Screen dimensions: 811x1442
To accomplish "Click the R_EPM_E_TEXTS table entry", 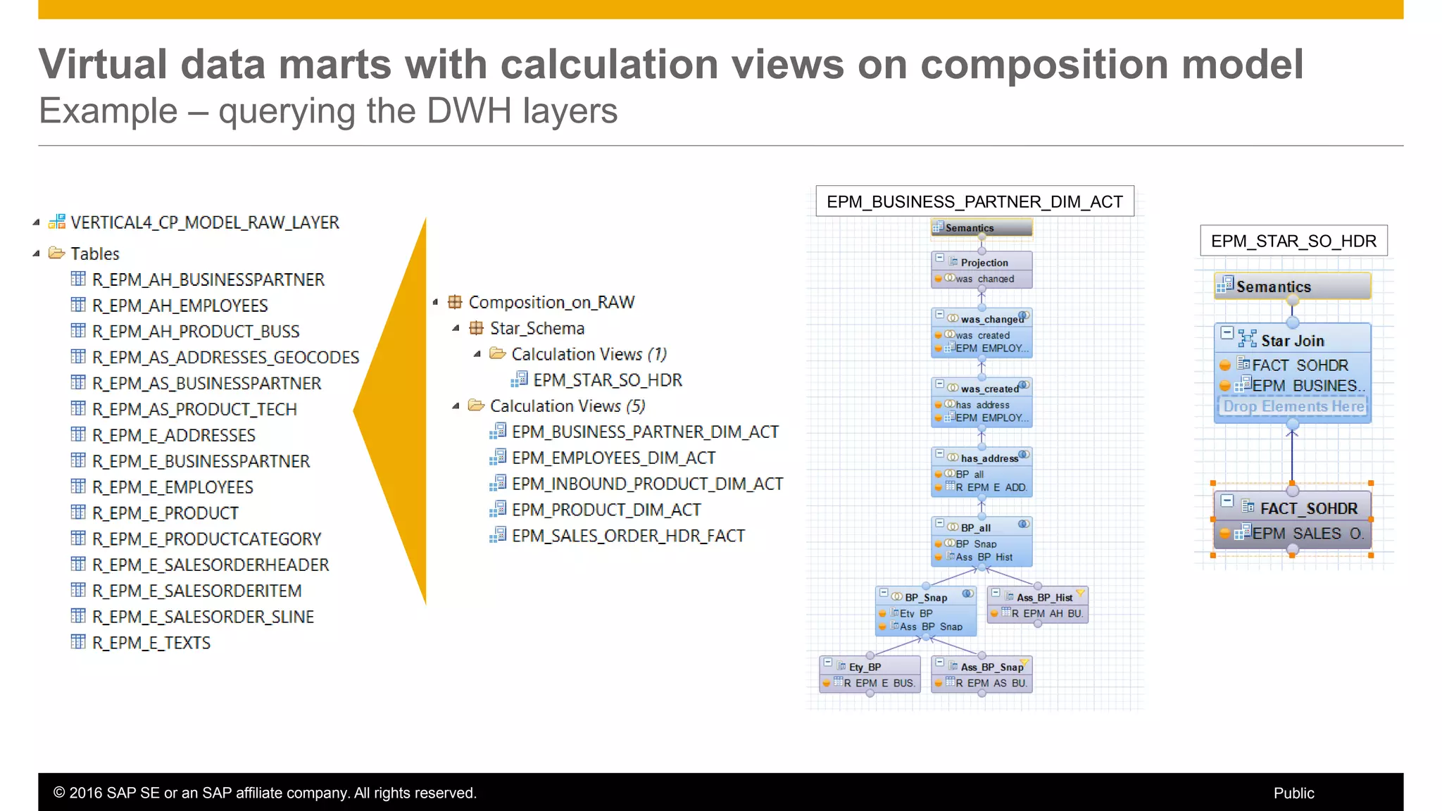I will [x=151, y=643].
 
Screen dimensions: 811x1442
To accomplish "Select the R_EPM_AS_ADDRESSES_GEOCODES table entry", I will [x=225, y=358].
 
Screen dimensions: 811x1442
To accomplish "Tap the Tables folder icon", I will [x=56, y=253].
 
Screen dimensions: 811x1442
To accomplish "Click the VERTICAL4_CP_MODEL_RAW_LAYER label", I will [x=204, y=222].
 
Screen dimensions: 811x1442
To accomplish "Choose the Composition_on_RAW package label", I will [x=551, y=303].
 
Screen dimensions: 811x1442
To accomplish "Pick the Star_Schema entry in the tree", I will [x=537, y=329].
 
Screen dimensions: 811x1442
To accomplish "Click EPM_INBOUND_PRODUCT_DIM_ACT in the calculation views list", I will [x=646, y=484].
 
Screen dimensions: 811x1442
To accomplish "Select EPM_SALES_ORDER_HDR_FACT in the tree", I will [x=627, y=536].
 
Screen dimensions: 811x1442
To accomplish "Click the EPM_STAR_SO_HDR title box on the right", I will [x=1293, y=241].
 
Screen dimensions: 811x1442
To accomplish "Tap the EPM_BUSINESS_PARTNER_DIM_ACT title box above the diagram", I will [x=974, y=202].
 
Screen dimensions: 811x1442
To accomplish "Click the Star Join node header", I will [x=1292, y=341].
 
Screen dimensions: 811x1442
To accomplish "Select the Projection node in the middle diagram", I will [x=984, y=263].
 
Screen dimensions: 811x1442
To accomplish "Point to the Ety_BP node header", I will [x=865, y=667].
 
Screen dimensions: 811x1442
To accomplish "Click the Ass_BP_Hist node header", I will [x=1043, y=597].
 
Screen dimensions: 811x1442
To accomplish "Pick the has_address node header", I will [x=989, y=458].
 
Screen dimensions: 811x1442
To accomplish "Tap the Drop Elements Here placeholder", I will [x=1293, y=407].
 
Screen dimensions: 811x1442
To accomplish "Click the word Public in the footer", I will [x=1293, y=793].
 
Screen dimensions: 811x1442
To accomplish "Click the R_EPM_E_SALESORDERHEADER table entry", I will [x=210, y=565].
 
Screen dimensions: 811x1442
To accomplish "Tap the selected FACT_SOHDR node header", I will [x=1308, y=508].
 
